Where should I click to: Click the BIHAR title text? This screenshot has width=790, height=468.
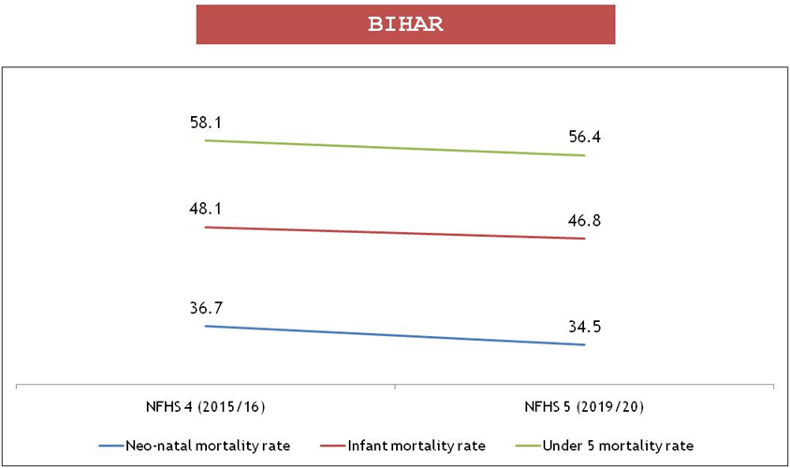click(405, 24)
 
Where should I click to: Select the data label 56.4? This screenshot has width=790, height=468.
click(585, 138)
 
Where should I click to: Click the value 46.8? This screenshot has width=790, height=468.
click(585, 221)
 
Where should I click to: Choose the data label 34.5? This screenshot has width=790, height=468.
click(585, 328)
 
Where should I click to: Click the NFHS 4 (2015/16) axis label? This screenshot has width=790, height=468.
click(205, 408)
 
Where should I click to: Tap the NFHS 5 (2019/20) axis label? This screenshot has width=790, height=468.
click(585, 408)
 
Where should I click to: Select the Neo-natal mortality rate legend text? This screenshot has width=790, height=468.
click(208, 444)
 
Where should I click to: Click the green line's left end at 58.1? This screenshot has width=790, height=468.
click(205, 140)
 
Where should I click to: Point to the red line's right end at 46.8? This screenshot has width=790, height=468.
click(585, 239)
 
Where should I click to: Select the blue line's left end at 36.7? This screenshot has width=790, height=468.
click(205, 326)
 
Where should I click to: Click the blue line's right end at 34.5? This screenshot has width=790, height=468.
click(585, 345)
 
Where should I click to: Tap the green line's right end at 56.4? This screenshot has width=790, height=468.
click(585, 155)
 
